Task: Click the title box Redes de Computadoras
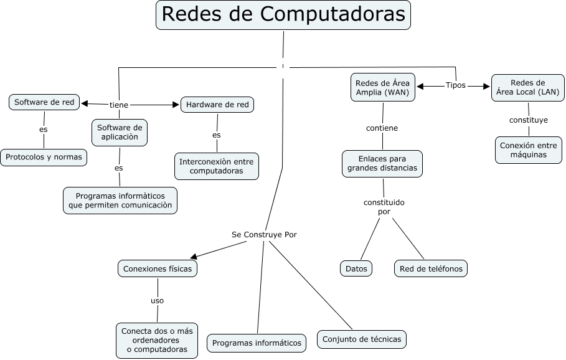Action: [x=283, y=15]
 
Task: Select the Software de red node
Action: [x=44, y=102]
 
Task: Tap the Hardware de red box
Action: [x=217, y=105]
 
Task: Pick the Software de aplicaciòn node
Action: [x=120, y=133]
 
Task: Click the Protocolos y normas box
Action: [x=44, y=157]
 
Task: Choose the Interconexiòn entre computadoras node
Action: [x=216, y=166]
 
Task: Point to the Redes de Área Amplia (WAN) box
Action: [x=382, y=88]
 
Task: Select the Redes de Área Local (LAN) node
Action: [x=527, y=88]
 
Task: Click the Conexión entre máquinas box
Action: [x=529, y=150]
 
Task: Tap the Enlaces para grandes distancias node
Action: [x=382, y=163]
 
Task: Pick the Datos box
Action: [x=356, y=268]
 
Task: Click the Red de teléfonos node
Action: [x=430, y=268]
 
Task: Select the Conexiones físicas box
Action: [x=158, y=268]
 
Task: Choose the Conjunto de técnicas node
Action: [x=362, y=339]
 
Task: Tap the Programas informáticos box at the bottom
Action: [x=257, y=343]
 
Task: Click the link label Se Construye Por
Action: [x=264, y=235]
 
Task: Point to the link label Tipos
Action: [x=455, y=85]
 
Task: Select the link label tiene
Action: [x=119, y=105]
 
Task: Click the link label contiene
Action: [x=382, y=128]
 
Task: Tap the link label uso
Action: [x=157, y=300]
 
